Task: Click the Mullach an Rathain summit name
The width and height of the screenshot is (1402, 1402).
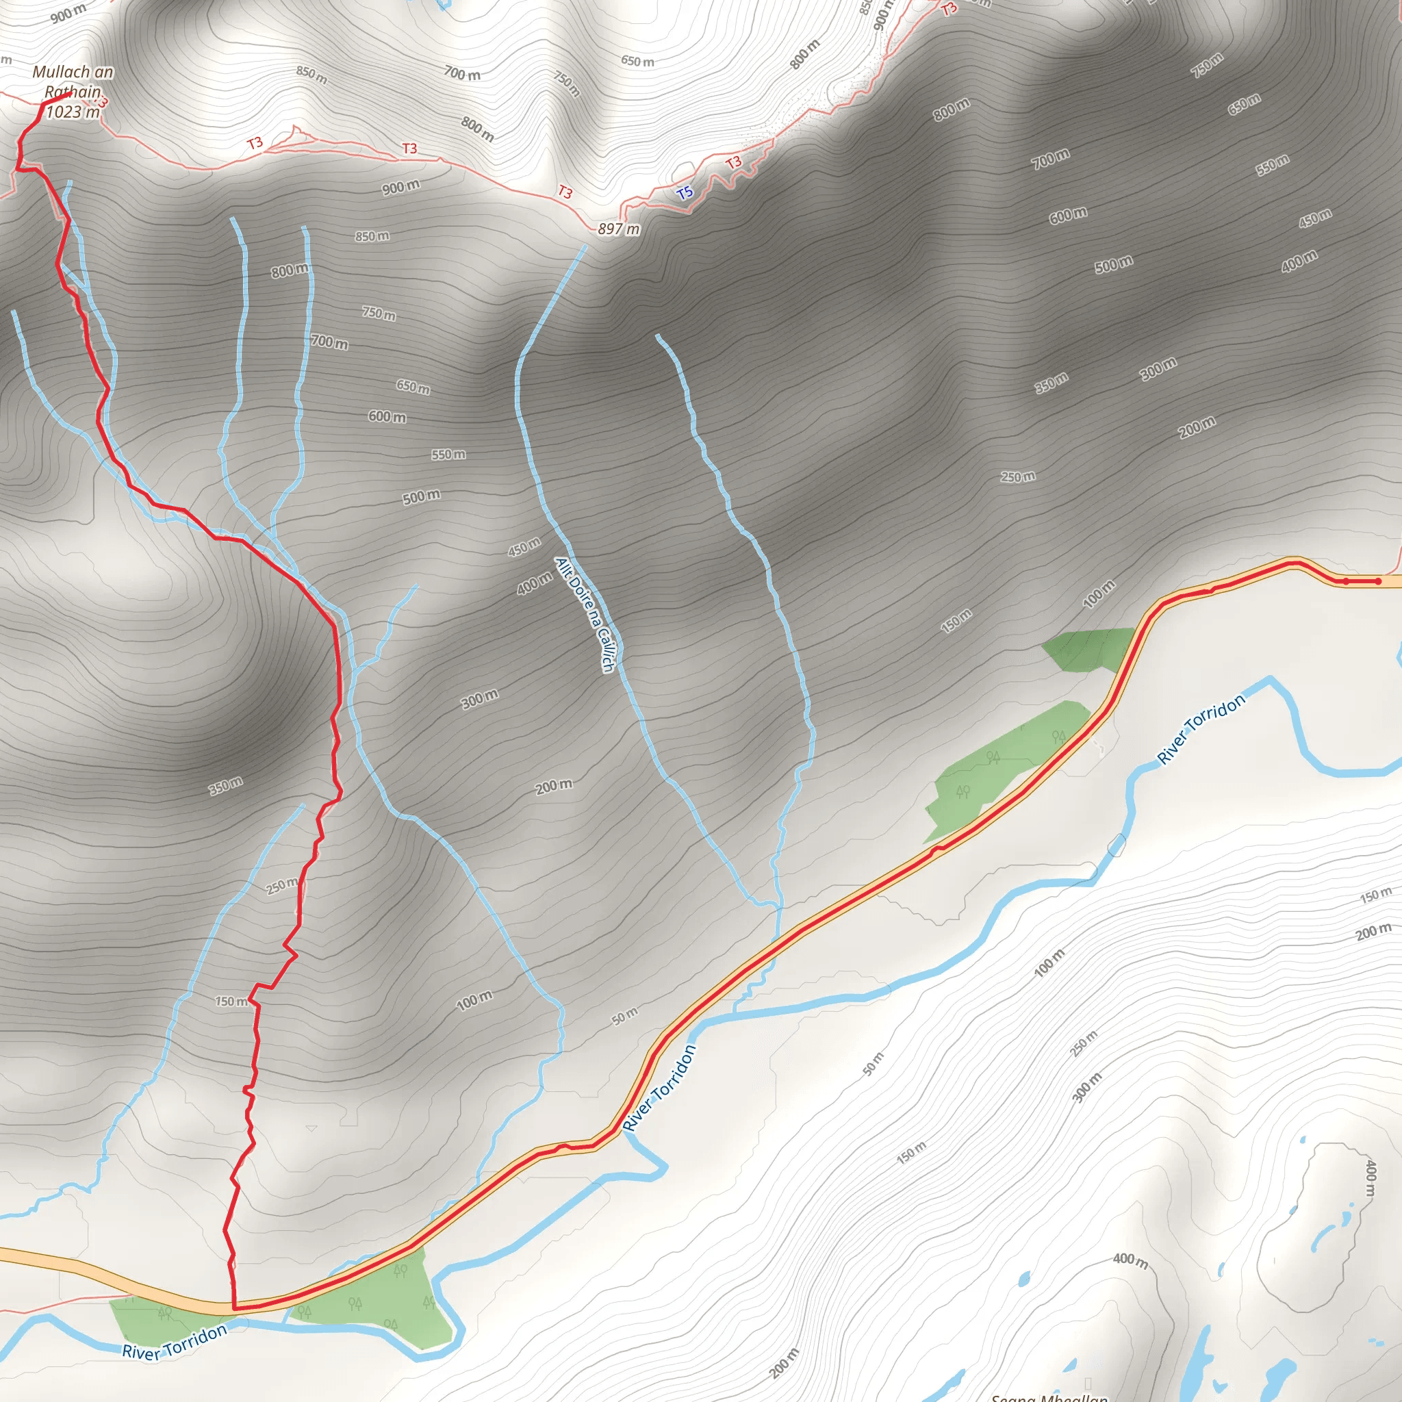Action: (x=73, y=81)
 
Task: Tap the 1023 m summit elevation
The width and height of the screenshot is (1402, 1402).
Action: (x=73, y=112)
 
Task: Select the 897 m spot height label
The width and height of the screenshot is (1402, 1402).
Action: (x=618, y=229)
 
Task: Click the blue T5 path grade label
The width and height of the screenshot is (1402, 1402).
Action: (x=685, y=193)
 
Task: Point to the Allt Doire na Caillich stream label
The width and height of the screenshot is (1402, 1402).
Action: (x=585, y=614)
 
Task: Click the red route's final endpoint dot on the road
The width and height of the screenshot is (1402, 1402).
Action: (x=1378, y=581)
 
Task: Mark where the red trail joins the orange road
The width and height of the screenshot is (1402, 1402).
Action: (x=234, y=1307)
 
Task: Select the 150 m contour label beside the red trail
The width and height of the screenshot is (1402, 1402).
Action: (x=231, y=1002)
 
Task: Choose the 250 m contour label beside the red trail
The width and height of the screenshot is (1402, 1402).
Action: (x=281, y=886)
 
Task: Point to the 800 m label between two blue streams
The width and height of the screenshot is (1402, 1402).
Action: (x=290, y=270)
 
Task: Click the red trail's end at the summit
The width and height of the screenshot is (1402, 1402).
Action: (x=70, y=93)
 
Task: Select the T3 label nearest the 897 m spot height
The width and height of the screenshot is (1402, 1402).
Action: (x=565, y=192)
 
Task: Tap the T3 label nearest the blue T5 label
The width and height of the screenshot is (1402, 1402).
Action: (x=734, y=162)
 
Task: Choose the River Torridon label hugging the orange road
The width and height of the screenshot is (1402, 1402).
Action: (x=659, y=1088)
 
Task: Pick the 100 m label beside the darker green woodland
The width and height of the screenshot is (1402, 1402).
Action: (x=1099, y=594)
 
